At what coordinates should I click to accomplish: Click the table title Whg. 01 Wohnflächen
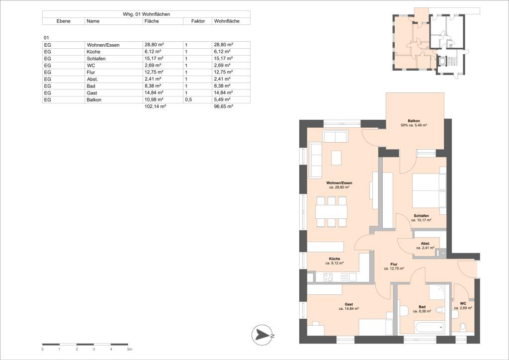click(x=146, y=14)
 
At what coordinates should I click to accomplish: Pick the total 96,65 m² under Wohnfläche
click(x=223, y=106)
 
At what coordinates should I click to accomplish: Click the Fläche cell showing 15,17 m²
click(x=152, y=59)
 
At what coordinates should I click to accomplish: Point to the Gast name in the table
click(x=91, y=93)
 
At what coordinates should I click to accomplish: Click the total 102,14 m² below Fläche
click(x=155, y=106)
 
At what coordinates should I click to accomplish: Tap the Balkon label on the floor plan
click(x=414, y=121)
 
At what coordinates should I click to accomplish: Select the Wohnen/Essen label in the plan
click(x=339, y=183)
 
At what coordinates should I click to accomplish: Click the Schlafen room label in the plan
click(x=421, y=216)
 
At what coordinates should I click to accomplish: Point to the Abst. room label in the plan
click(x=425, y=243)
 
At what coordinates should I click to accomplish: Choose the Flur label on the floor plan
click(x=394, y=264)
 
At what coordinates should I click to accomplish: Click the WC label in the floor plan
click(x=463, y=303)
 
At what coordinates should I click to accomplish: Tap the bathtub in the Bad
click(x=429, y=327)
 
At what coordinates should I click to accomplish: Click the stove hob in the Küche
click(x=329, y=277)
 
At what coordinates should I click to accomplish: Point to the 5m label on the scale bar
click(x=129, y=350)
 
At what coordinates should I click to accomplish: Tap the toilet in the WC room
click(x=463, y=326)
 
